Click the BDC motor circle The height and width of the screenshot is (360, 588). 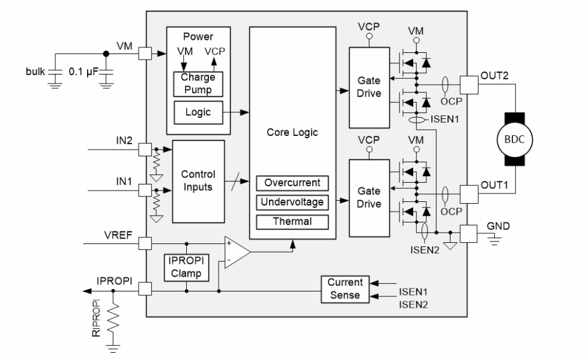pyautogui.click(x=514, y=139)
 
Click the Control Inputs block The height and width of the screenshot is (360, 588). pyautogui.click(x=198, y=181)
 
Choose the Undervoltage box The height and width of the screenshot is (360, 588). pyautogui.click(x=293, y=202)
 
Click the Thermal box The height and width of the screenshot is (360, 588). pyautogui.click(x=293, y=221)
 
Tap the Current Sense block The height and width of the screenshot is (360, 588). pyautogui.click(x=345, y=288)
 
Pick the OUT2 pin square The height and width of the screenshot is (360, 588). pyautogui.click(x=468, y=83)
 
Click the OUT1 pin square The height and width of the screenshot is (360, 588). pyautogui.click(x=468, y=194)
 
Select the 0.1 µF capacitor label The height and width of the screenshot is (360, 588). pyautogui.click(x=83, y=72)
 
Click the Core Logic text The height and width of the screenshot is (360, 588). pyautogui.click(x=292, y=132)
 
